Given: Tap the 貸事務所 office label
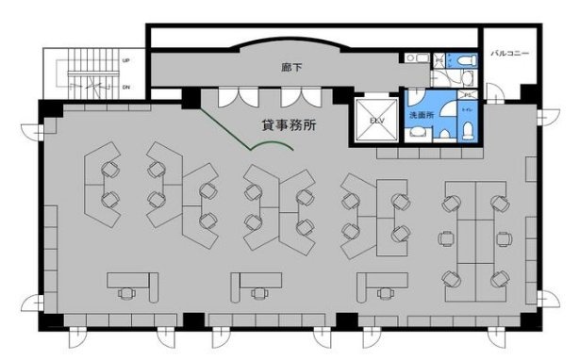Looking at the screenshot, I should [290, 124].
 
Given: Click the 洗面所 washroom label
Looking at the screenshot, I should [421, 115].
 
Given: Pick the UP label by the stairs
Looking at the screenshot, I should [124, 61].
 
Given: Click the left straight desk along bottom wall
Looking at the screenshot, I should [131, 280].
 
